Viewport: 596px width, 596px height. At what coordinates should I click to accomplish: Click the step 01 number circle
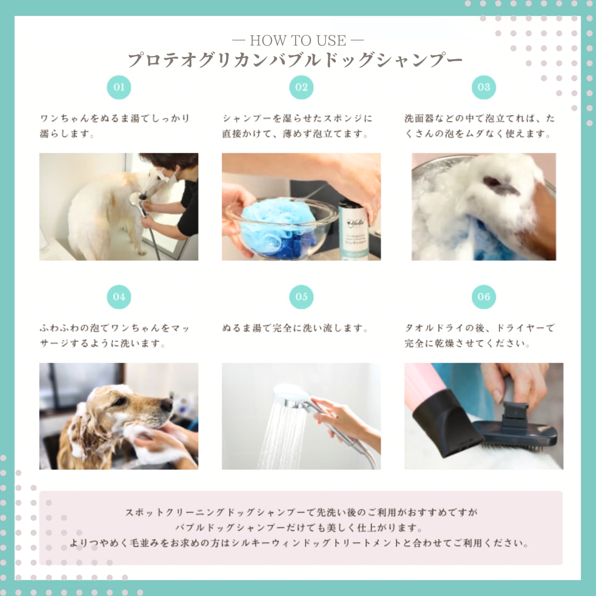(x=119, y=87)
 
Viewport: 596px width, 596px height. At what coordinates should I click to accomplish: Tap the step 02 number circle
(x=301, y=87)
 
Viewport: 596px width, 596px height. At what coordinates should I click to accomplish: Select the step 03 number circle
(x=484, y=87)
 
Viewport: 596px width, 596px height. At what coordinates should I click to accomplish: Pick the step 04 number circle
(x=119, y=297)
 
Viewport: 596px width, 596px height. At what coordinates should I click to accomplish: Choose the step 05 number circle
(x=301, y=297)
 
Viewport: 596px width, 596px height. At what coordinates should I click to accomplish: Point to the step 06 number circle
(x=484, y=297)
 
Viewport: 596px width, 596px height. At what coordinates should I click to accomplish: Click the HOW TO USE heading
(x=298, y=41)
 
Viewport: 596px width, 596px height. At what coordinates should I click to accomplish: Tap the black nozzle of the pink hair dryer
(x=447, y=423)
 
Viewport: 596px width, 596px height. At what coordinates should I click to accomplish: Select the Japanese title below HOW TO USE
(x=295, y=60)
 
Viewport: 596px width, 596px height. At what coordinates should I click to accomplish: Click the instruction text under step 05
(x=295, y=328)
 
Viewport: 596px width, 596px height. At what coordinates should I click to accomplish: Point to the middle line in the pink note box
(x=299, y=528)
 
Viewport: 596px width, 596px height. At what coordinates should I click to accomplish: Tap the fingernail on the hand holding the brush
(x=497, y=396)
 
